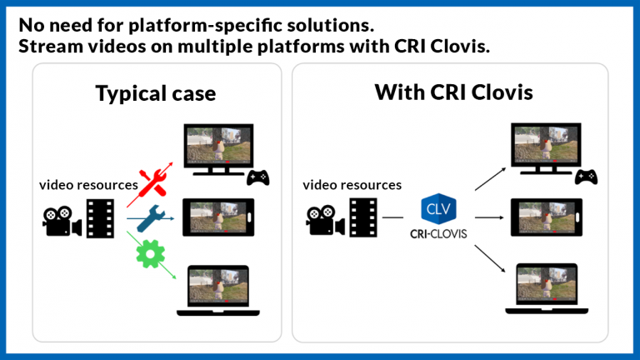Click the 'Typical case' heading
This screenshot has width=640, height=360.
pos(155,93)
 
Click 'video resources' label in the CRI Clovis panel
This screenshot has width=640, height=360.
pos(352,185)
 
